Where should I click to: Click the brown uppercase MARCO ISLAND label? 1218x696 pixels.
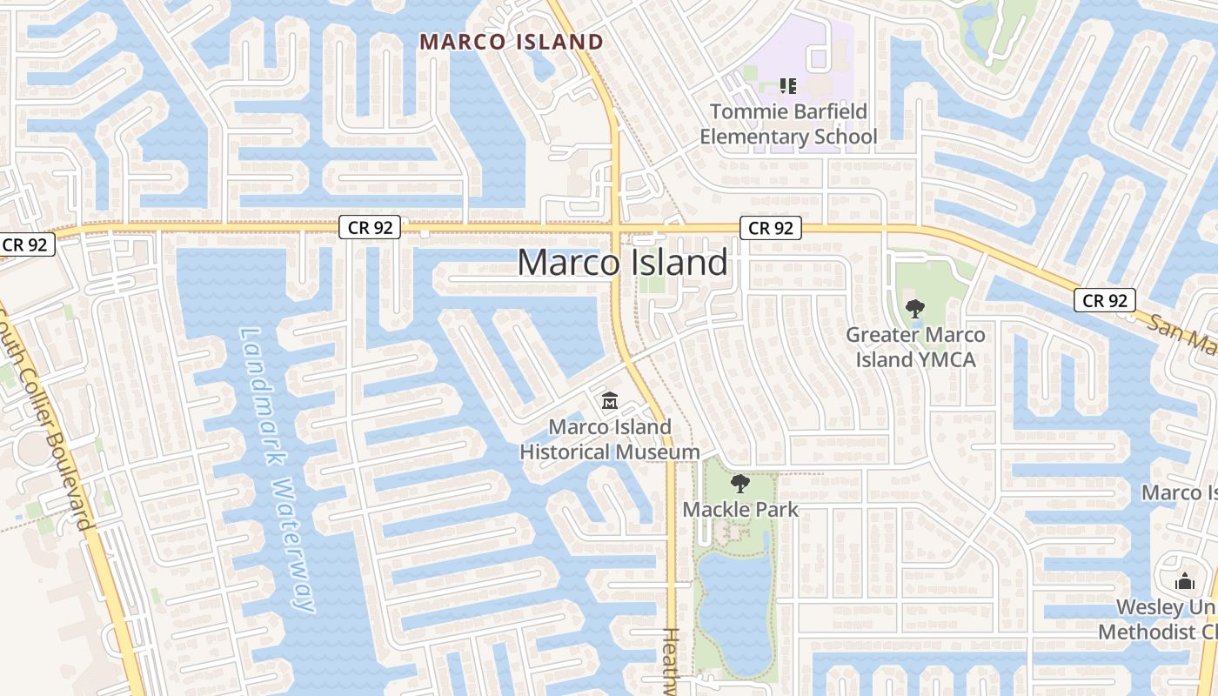(512, 42)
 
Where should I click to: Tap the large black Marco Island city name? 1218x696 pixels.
(623, 262)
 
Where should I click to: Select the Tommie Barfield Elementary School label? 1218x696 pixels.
(788, 124)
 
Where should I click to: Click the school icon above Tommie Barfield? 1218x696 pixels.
(788, 85)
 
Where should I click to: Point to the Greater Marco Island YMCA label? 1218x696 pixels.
(915, 346)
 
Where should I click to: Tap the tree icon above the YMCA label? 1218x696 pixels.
(914, 308)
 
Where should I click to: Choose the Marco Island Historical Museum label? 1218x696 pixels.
(610, 439)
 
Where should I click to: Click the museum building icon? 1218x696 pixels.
(610, 402)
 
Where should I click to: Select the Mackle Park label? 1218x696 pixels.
(740, 509)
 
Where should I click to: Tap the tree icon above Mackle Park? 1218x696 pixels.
(740, 484)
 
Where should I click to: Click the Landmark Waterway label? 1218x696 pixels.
(277, 470)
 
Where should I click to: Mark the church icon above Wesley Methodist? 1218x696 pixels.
(1185, 581)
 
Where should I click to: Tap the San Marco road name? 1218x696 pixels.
(1183, 334)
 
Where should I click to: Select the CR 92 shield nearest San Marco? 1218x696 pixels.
(1105, 300)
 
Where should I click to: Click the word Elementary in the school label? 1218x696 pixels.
(753, 137)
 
